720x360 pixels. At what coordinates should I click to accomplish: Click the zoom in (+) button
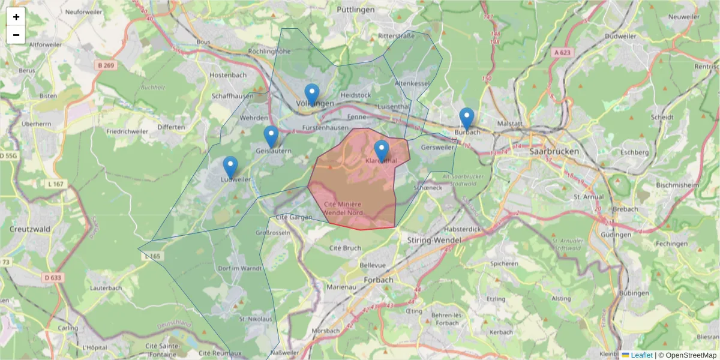coord(16,17)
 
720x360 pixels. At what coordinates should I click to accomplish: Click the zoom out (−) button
coord(16,35)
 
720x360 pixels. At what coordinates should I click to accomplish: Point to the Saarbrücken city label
coord(554,152)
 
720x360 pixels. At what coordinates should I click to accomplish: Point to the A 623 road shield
coord(562,53)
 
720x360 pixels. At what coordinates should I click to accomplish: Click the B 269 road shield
coord(105,65)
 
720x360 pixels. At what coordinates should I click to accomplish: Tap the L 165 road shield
coord(152,256)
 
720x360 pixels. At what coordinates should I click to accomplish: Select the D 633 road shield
coord(53,278)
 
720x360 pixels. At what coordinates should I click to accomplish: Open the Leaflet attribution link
coord(641,355)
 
